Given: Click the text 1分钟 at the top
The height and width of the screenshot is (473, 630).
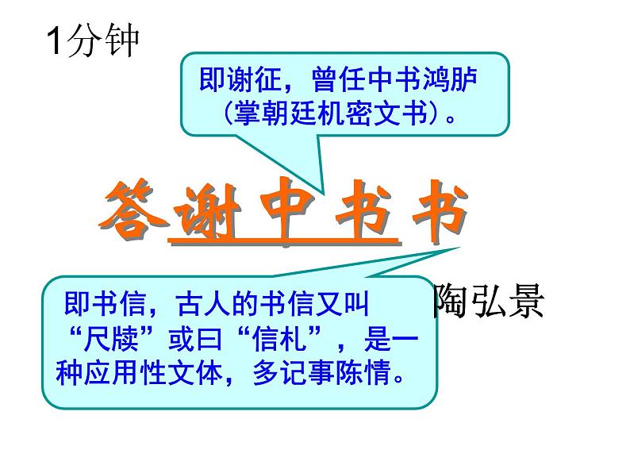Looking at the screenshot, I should (x=93, y=40).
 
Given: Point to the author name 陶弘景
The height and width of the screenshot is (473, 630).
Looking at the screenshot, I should (x=487, y=303).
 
